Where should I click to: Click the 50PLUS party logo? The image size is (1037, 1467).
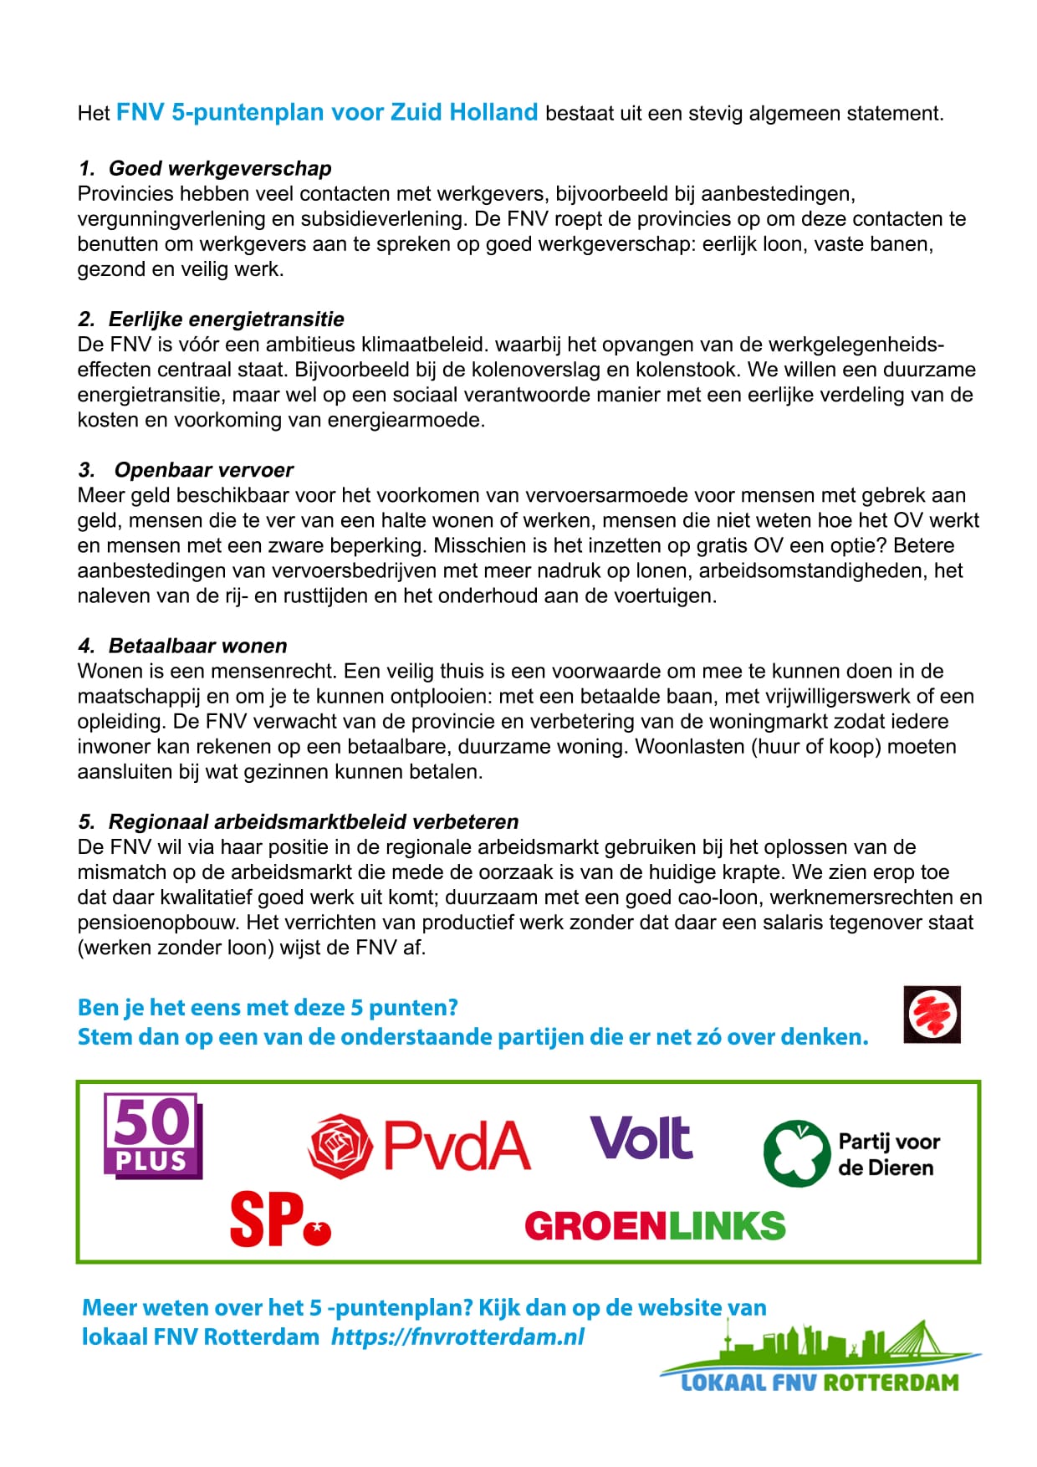pyautogui.click(x=153, y=1135)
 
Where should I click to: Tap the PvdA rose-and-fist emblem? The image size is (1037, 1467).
pyautogui.click(x=340, y=1146)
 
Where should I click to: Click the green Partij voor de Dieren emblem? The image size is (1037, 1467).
pyautogui.click(x=797, y=1153)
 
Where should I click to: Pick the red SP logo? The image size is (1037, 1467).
pyautogui.click(x=280, y=1219)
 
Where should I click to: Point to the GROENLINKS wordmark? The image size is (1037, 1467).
pyautogui.click(x=655, y=1226)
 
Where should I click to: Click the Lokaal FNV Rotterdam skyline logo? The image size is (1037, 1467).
pyautogui.click(x=820, y=1359)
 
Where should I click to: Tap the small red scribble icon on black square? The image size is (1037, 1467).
pyautogui.click(x=932, y=1015)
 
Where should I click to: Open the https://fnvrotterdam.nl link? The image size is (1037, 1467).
pyautogui.click(x=457, y=1337)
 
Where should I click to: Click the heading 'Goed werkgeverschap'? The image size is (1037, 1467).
pyautogui.click(x=220, y=168)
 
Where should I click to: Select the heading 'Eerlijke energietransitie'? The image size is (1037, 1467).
pyautogui.click(x=226, y=319)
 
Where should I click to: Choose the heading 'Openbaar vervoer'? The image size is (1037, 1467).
pyautogui.click(x=204, y=470)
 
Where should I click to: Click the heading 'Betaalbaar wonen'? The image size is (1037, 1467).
pyautogui.click(x=197, y=646)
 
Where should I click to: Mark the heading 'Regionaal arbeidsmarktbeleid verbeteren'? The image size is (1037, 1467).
pyautogui.click(x=314, y=821)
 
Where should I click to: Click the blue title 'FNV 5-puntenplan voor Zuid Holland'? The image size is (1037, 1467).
pyautogui.click(x=327, y=112)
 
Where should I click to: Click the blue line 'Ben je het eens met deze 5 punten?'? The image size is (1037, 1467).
pyautogui.click(x=268, y=1007)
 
